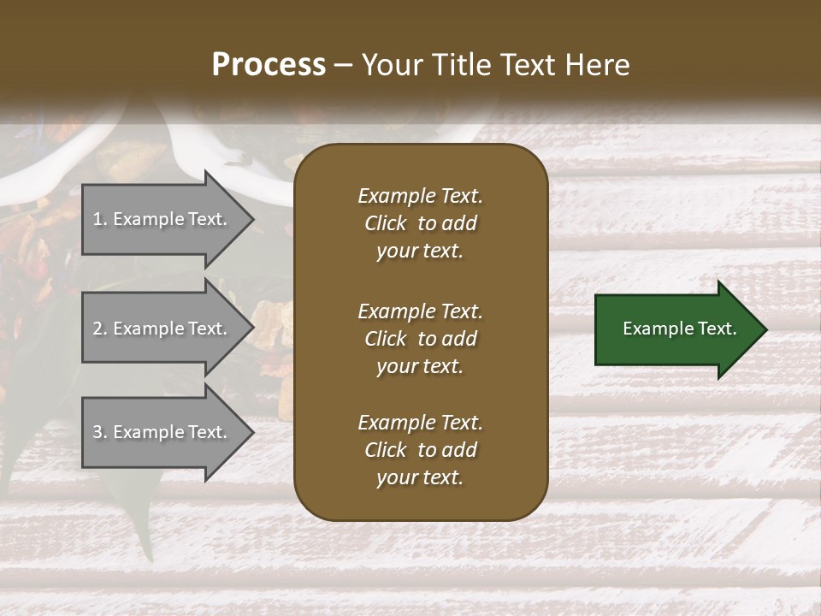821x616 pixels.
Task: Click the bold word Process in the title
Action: [x=269, y=65]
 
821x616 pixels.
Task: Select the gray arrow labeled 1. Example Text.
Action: [x=162, y=219]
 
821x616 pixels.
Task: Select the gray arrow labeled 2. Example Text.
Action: [x=162, y=329]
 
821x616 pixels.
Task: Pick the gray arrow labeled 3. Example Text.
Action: [x=162, y=432]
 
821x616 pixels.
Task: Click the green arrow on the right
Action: [x=676, y=329]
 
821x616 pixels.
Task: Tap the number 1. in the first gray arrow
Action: [x=99, y=219]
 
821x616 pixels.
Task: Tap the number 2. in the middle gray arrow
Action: [x=99, y=329]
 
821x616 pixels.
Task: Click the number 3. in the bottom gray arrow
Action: [x=99, y=432]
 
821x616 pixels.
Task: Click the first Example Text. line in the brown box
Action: [x=420, y=196]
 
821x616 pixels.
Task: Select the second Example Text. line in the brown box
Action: [x=420, y=311]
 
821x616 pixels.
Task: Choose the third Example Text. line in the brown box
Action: [x=420, y=423]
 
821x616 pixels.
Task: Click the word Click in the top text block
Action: [x=385, y=223]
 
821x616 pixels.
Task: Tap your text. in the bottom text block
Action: [x=420, y=477]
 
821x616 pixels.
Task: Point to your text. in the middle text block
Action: [x=420, y=366]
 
